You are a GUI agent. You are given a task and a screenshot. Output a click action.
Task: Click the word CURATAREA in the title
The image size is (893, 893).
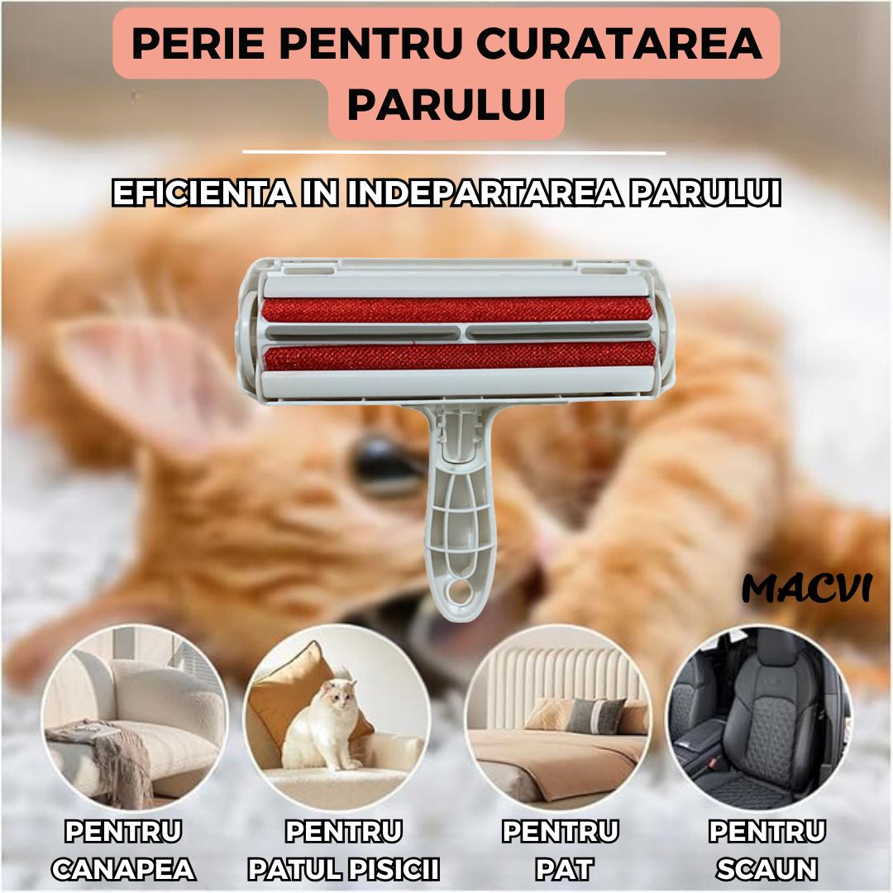tap(619, 43)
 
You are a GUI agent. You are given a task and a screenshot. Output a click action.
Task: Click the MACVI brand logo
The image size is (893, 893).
tap(807, 588)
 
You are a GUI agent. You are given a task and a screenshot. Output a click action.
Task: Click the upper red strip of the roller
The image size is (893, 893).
tap(456, 310)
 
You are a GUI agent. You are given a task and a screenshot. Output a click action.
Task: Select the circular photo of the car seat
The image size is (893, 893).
tap(760, 719)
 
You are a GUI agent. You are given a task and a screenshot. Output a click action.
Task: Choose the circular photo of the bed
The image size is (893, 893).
tap(557, 719)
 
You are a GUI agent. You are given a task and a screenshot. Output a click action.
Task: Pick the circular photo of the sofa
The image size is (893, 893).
tap(135, 719)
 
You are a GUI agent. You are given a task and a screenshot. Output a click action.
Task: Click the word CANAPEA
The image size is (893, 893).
tap(123, 869)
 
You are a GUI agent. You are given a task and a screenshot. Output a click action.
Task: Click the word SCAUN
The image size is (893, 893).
tap(767, 869)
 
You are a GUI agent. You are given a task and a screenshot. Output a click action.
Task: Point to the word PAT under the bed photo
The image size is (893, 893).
tap(565, 869)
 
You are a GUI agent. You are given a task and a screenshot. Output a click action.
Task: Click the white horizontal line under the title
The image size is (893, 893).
tap(454, 153)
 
